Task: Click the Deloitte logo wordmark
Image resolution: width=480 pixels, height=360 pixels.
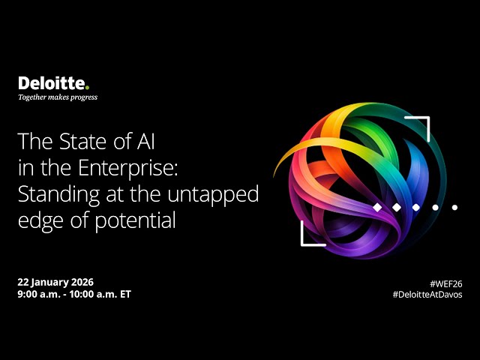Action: [x=52, y=83]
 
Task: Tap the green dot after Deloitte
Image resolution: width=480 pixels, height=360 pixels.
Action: [x=87, y=87]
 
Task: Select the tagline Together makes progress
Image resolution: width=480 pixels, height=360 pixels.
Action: [x=58, y=97]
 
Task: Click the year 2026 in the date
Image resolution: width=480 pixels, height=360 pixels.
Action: [x=79, y=282]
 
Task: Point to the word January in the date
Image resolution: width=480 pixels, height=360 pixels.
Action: [x=47, y=282]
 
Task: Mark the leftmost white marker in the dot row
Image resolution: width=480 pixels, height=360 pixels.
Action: [x=377, y=206]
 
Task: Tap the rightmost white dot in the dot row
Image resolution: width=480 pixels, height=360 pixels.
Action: [x=454, y=206]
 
